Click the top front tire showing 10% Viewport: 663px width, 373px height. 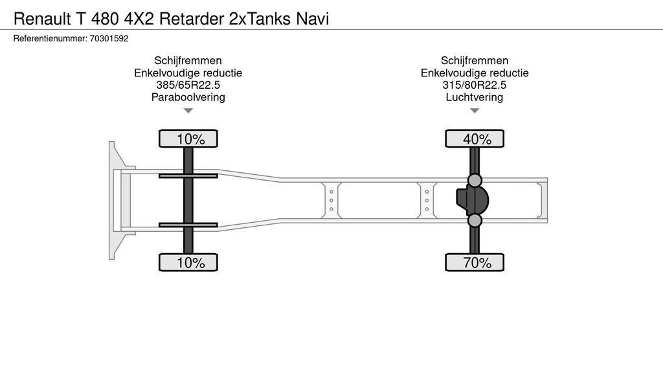click(x=188, y=139)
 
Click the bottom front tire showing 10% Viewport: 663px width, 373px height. click(x=188, y=262)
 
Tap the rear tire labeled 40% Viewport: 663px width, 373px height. click(x=475, y=139)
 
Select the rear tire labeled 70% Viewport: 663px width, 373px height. click(x=475, y=262)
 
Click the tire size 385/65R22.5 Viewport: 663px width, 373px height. click(x=188, y=85)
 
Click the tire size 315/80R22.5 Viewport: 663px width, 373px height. click(x=475, y=85)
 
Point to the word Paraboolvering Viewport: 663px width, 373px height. click(x=188, y=98)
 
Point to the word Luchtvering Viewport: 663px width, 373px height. click(x=475, y=98)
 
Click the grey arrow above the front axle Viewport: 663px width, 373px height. click(x=188, y=111)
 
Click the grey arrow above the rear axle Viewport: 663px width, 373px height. click(x=475, y=111)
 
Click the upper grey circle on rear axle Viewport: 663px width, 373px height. click(x=475, y=180)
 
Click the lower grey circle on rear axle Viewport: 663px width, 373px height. click(x=475, y=221)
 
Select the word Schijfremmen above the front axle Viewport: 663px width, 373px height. click(x=188, y=61)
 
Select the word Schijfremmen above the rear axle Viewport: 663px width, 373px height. click(x=475, y=61)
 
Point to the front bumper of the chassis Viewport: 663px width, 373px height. click(x=115, y=200)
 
